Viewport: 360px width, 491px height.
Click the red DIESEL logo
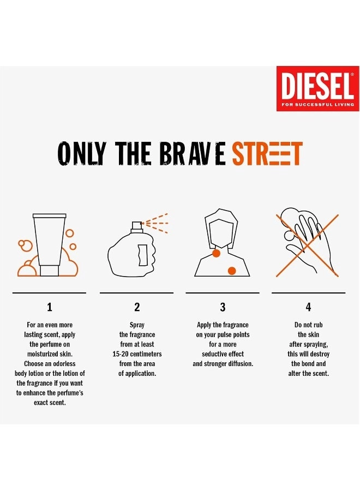[317, 88]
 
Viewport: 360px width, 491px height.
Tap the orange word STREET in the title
[267, 154]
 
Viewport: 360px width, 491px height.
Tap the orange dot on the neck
[216, 254]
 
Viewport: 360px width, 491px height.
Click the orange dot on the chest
[232, 270]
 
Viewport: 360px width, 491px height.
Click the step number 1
[50, 308]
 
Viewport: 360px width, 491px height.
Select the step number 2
[137, 308]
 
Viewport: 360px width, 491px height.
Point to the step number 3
[223, 308]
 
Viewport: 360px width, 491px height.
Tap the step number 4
[308, 308]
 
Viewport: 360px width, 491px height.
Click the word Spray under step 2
[137, 325]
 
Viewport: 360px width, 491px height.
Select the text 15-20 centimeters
[137, 354]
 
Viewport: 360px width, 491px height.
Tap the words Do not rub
[308, 325]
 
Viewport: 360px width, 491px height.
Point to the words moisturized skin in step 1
[50, 354]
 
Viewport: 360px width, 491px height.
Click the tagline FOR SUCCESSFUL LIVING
[317, 104]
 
